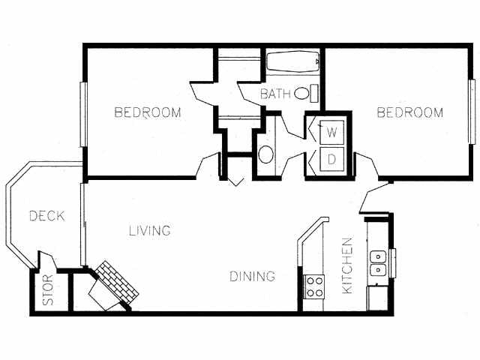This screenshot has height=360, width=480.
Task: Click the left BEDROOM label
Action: [148, 113]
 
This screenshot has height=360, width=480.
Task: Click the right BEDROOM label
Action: [409, 113]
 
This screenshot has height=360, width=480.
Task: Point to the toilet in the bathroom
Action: [304, 94]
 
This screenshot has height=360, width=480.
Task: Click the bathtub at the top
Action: [294, 62]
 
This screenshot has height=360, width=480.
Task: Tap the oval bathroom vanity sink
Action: [265, 155]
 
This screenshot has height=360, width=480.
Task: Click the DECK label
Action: [46, 216]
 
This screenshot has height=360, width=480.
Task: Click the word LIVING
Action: [148, 230]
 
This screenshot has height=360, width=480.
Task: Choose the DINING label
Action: [252, 277]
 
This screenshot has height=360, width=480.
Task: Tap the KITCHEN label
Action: [347, 265]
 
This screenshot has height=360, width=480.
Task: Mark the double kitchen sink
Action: [378, 261]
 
